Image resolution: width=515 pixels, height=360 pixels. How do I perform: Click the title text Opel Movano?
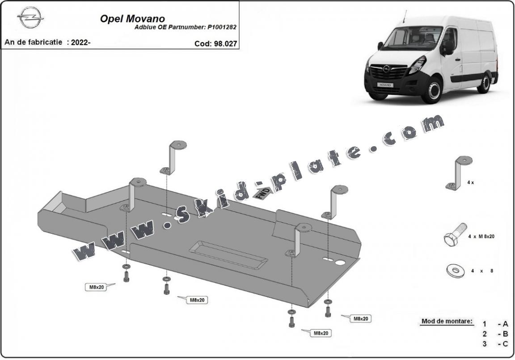(x=132, y=19)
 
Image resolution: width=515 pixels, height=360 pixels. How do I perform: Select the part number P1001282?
(x=222, y=27)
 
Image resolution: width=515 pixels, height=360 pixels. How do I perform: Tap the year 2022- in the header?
(x=80, y=43)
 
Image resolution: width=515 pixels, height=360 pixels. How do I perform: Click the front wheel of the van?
(x=432, y=91)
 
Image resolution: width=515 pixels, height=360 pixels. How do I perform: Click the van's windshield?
(x=413, y=38)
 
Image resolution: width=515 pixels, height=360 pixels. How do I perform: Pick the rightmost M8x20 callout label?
(x=360, y=318)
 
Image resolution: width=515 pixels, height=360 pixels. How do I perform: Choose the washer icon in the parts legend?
(x=454, y=270)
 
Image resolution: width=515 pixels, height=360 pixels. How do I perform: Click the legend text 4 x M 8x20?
(x=481, y=237)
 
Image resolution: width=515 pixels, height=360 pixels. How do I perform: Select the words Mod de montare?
(x=447, y=321)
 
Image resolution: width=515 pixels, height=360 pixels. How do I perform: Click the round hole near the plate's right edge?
(x=342, y=263)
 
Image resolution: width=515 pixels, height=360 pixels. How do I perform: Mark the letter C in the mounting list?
(x=505, y=343)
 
